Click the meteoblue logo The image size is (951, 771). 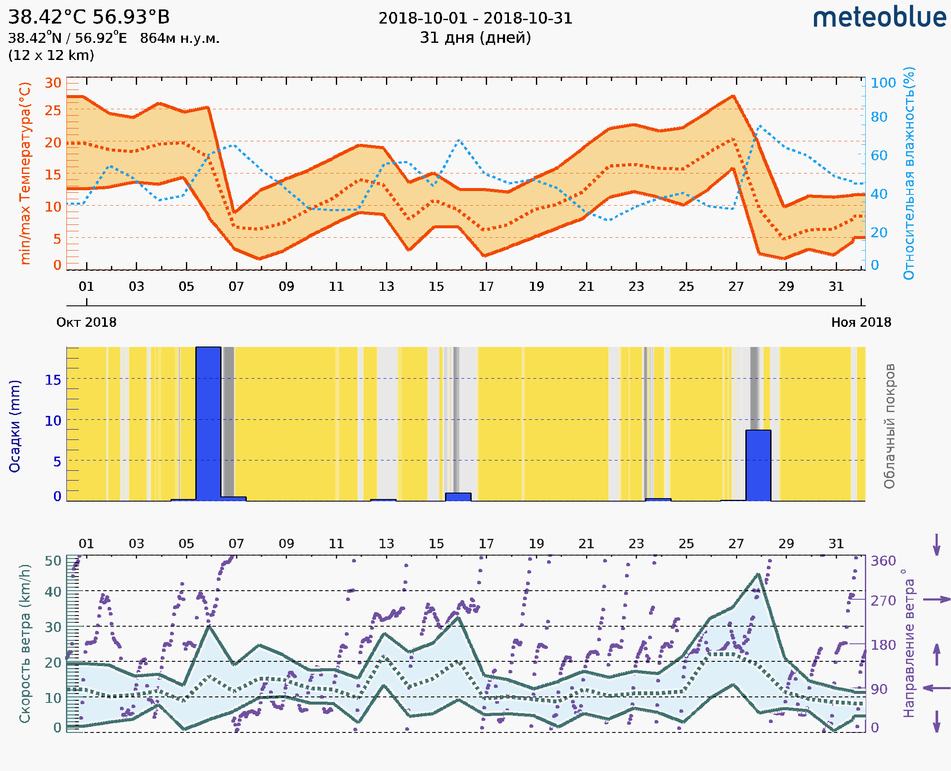tap(879, 18)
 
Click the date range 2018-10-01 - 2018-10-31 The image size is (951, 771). tap(475, 18)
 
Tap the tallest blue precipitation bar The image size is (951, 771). tap(208, 424)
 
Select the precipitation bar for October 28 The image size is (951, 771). tap(758, 465)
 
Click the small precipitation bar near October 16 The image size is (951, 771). tap(458, 497)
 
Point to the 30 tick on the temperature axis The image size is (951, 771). tap(53, 83)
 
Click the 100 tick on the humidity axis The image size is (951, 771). tap(883, 83)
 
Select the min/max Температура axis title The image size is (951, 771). tap(25, 173)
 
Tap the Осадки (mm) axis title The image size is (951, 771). tap(15, 426)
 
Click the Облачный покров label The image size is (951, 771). tap(889, 426)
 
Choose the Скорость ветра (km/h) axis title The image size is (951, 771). tap(25, 643)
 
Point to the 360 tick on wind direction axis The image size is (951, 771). tap(883, 561)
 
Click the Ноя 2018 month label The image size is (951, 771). tap(861, 322)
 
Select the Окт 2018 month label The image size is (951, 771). tap(86, 322)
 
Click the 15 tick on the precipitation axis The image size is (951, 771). tap(53, 380)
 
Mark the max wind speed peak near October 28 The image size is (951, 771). tap(759, 574)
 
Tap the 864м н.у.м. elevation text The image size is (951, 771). tap(179, 39)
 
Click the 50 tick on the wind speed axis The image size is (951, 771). tap(53, 561)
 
